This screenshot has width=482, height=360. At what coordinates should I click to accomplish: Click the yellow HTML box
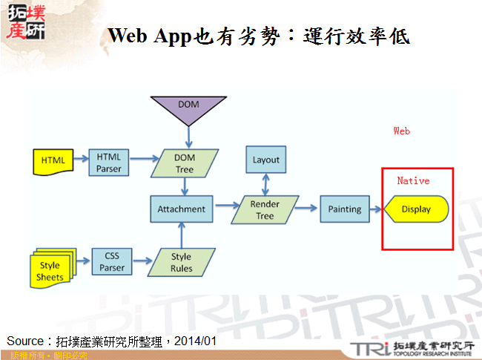click(53, 160)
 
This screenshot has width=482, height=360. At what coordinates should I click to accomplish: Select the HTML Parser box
click(108, 162)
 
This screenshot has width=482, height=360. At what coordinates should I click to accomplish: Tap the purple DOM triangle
click(189, 109)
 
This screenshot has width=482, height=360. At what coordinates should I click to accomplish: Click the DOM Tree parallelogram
click(184, 163)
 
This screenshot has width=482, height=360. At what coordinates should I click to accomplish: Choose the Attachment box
click(182, 209)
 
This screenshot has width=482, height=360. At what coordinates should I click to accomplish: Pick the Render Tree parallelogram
click(265, 210)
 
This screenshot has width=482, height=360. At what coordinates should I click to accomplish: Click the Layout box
click(265, 160)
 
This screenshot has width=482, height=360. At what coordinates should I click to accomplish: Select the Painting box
click(344, 209)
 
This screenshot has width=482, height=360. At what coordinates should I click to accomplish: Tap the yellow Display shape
click(417, 209)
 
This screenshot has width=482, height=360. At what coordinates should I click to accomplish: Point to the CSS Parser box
click(112, 261)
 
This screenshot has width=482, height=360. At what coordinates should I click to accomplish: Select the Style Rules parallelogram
click(182, 262)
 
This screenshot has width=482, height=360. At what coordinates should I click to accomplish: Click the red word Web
click(401, 131)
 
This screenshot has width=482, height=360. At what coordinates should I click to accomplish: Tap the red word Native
click(413, 180)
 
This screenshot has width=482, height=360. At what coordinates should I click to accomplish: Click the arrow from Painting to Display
click(376, 209)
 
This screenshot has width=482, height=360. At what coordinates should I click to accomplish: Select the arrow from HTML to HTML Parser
click(81, 159)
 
